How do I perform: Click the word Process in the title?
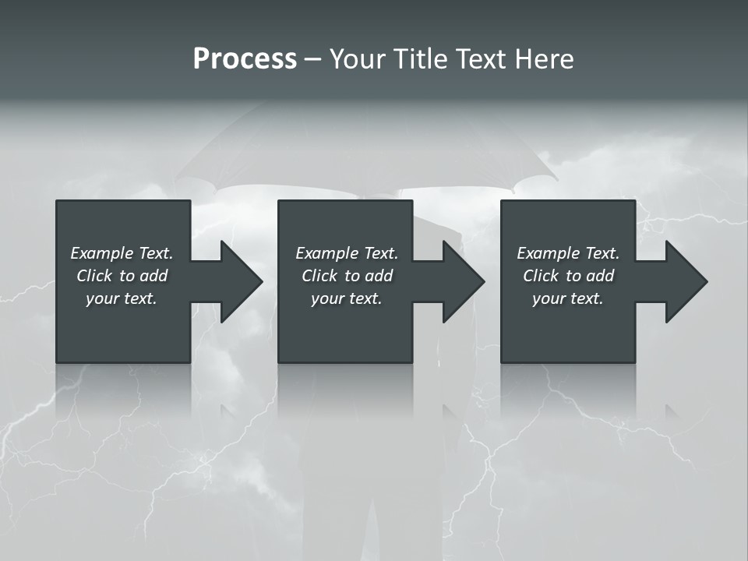245,59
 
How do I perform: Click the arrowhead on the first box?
237,281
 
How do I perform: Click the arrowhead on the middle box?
460,281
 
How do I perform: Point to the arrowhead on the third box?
683,281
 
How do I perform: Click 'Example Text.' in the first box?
122,253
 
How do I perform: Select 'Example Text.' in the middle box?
347,253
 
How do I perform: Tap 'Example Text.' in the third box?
568,253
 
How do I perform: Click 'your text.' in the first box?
122,298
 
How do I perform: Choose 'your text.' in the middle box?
347,298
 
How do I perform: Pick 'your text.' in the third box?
568,298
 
